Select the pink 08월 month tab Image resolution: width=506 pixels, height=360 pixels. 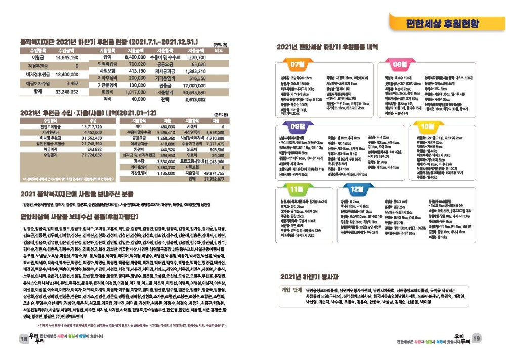click(x=400, y=65)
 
